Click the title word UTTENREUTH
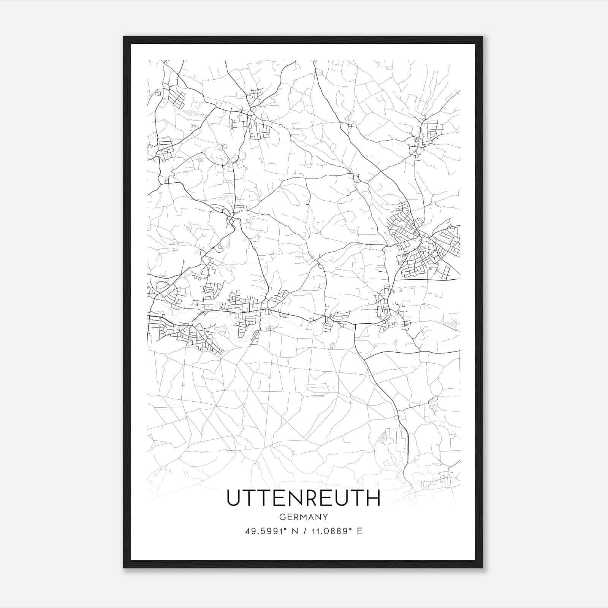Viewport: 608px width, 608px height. coord(303,498)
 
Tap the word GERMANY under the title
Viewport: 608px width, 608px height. coord(303,517)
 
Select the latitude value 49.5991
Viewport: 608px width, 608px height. coord(263,531)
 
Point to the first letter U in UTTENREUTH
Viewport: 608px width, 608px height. coord(233,498)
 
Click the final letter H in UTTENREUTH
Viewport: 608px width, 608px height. coord(373,498)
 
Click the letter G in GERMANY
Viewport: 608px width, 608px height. coord(282,517)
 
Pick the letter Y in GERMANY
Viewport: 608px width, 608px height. coord(325,517)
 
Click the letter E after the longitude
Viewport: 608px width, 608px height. coord(359,531)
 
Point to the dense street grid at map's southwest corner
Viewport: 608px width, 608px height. coord(179,332)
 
